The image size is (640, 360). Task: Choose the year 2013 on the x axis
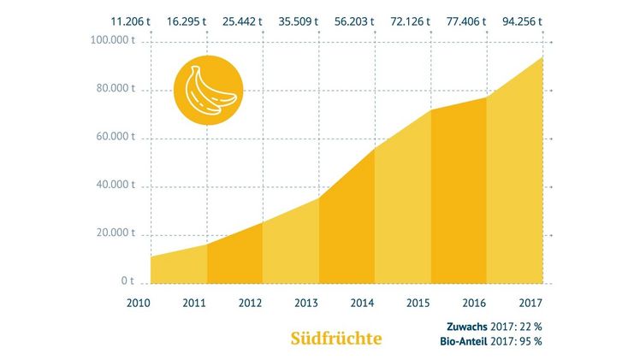click(x=305, y=302)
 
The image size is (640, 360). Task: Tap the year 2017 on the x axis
click(x=529, y=302)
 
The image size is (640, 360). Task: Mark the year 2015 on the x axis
click(x=418, y=302)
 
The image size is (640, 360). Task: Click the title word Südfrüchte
click(x=334, y=338)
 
